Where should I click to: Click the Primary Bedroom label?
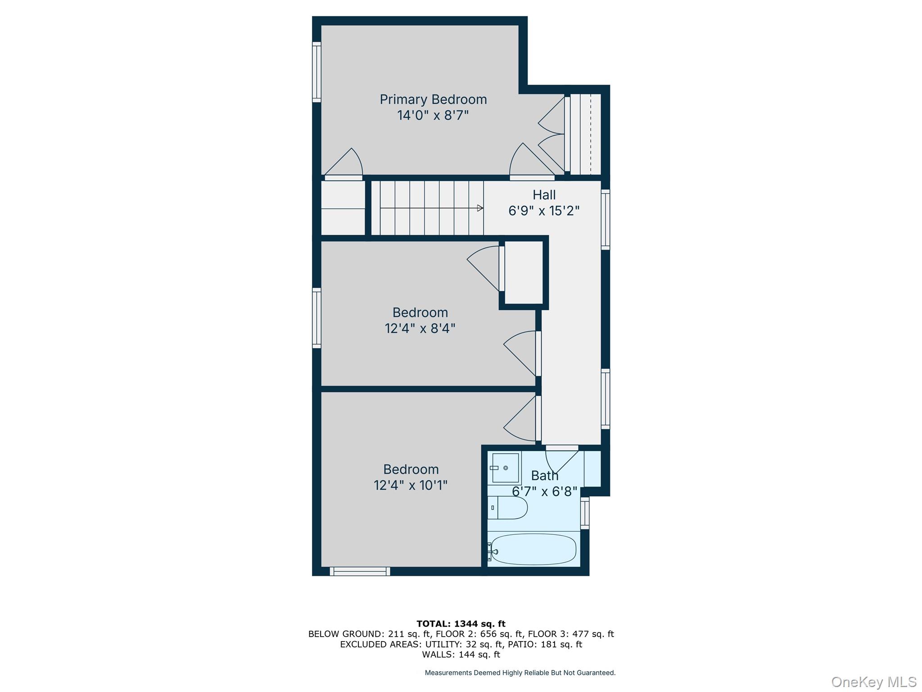point(433,100)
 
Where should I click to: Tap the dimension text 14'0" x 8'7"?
point(433,116)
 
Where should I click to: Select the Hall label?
point(544,195)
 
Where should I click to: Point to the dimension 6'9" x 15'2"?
point(544,211)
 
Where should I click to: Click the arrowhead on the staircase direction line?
point(480,208)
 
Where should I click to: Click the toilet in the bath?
point(508,508)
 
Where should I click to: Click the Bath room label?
point(545,476)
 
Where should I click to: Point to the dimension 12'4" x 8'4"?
point(420,328)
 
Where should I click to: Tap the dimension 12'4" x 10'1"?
point(411,486)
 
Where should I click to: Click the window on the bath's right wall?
point(584,513)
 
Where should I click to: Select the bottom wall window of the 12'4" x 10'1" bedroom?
point(360,571)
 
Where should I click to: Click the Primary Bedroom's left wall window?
point(317,72)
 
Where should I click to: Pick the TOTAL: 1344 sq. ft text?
point(461,624)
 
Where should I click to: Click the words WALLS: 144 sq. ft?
point(461,655)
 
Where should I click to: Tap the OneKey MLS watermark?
point(874,682)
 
